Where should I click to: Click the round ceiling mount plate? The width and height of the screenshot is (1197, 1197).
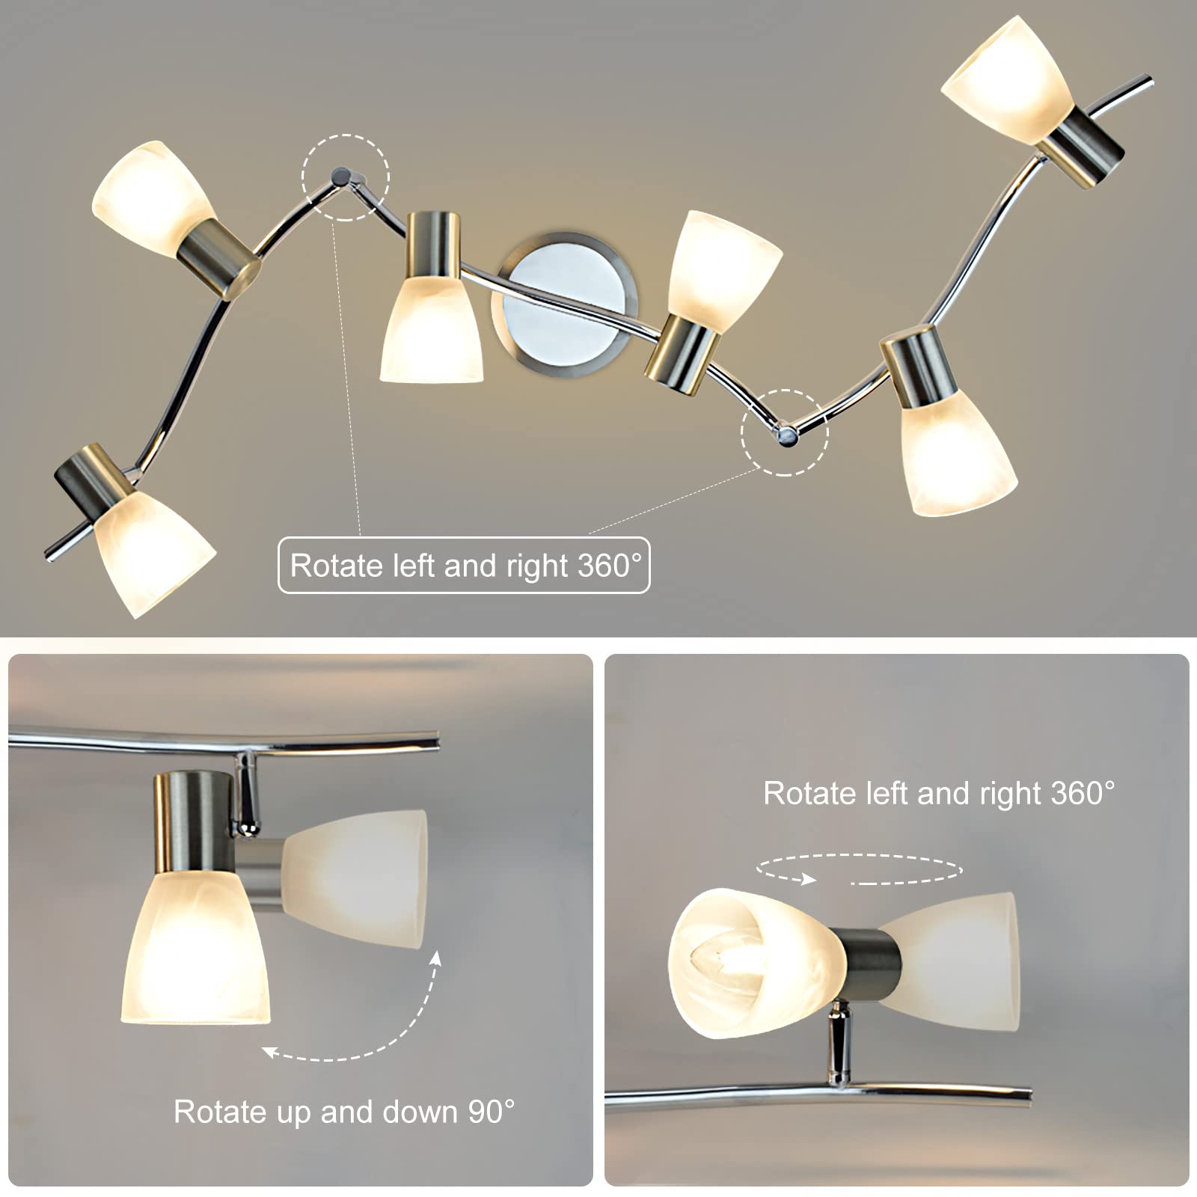point(565,303)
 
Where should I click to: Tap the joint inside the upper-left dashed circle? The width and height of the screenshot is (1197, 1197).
point(343,177)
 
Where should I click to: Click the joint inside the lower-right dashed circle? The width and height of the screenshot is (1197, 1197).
point(785,435)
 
